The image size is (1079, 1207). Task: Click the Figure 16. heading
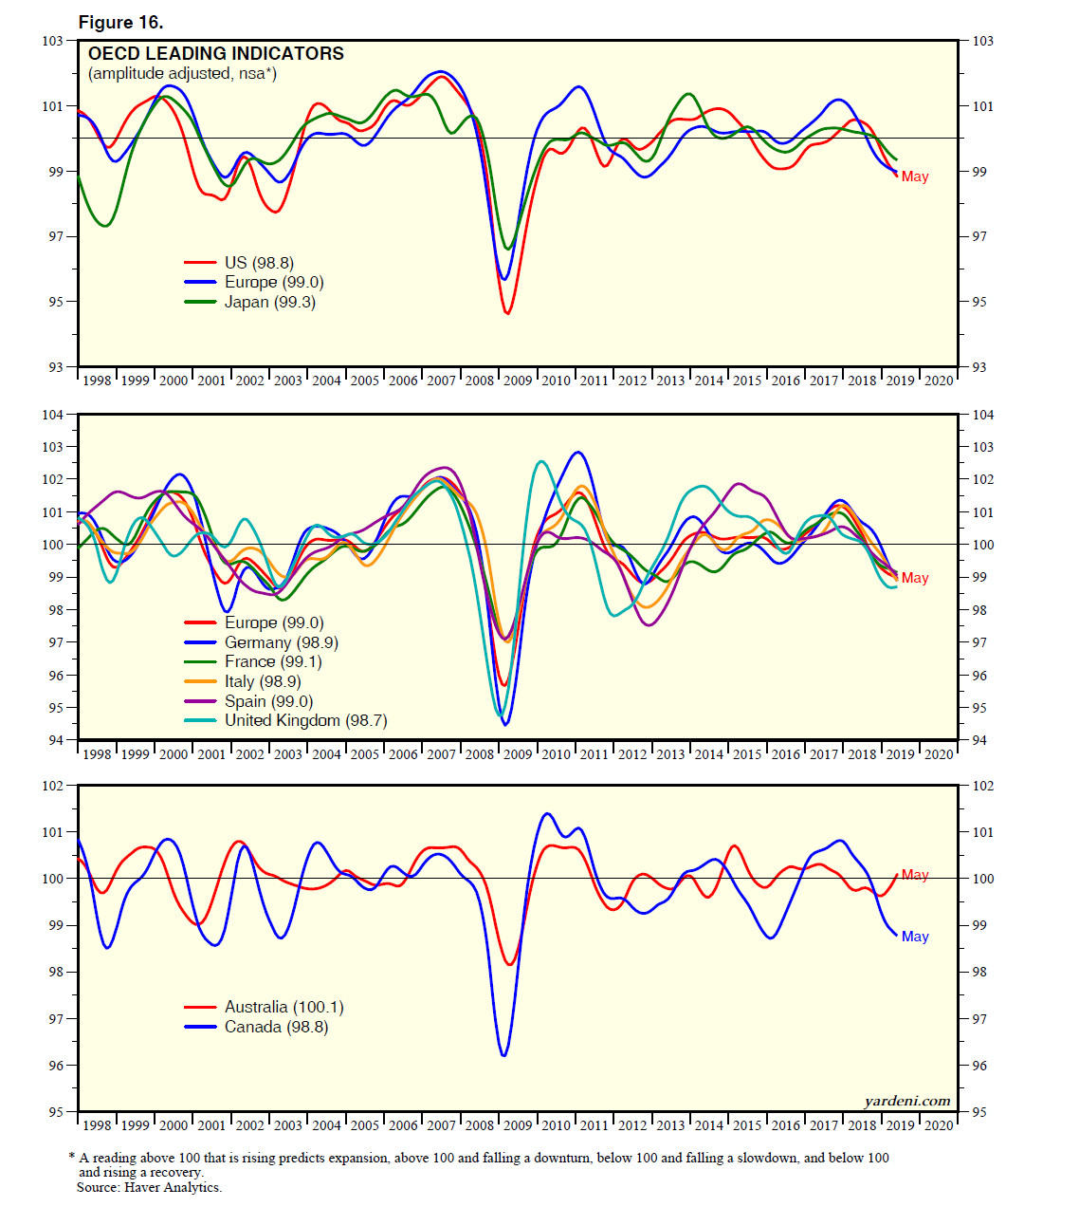click(x=120, y=22)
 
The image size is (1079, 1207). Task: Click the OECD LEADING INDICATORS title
click(x=216, y=54)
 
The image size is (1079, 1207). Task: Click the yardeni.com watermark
click(x=906, y=1101)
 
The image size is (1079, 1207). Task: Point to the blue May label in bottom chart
click(x=915, y=937)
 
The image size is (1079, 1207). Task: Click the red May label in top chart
click(x=915, y=176)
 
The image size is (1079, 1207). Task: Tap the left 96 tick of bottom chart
click(x=56, y=1066)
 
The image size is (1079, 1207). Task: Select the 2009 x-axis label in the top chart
click(x=518, y=381)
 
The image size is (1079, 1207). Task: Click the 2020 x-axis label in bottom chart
click(x=939, y=1125)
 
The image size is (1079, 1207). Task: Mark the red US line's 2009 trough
click(x=507, y=312)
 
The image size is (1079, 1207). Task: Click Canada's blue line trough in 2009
click(x=503, y=1054)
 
